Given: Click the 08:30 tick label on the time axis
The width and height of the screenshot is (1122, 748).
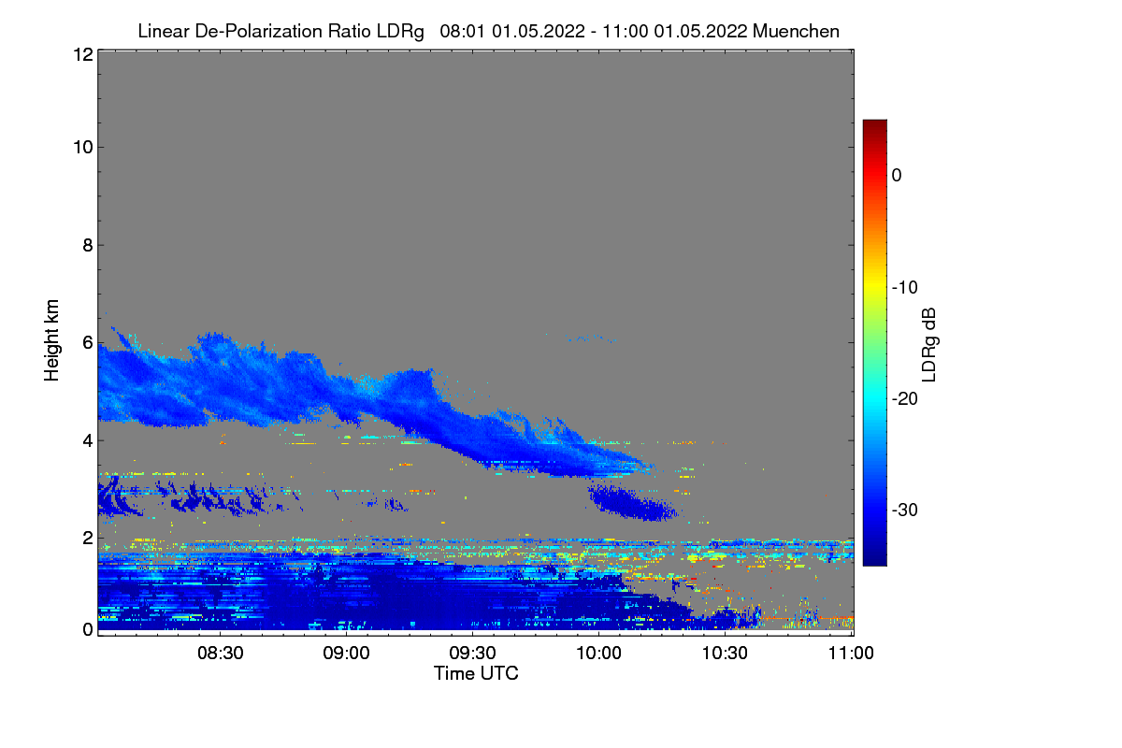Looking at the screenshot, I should pyautogui.click(x=222, y=654).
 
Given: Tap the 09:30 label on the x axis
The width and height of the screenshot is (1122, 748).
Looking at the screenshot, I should pyautogui.click(x=473, y=654).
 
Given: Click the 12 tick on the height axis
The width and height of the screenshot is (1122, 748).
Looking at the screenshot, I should pyautogui.click(x=81, y=55).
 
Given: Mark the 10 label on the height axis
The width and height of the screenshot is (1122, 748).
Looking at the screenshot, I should pyautogui.click(x=81, y=147).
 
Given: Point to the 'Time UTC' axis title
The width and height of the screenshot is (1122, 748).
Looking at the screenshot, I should pyautogui.click(x=475, y=673).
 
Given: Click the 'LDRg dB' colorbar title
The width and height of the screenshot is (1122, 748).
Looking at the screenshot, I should pyautogui.click(x=929, y=343).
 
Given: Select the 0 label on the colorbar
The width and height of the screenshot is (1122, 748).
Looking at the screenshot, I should pyautogui.click(x=897, y=175).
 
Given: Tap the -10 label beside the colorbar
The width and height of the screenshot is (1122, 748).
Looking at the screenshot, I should pyautogui.click(x=904, y=287).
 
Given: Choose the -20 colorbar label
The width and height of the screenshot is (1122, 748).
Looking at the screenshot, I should pyautogui.click(x=904, y=398).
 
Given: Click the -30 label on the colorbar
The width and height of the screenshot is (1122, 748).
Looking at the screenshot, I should pyautogui.click(x=904, y=511).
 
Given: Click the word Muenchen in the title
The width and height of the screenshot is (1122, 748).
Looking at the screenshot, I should pyautogui.click(x=796, y=31).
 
